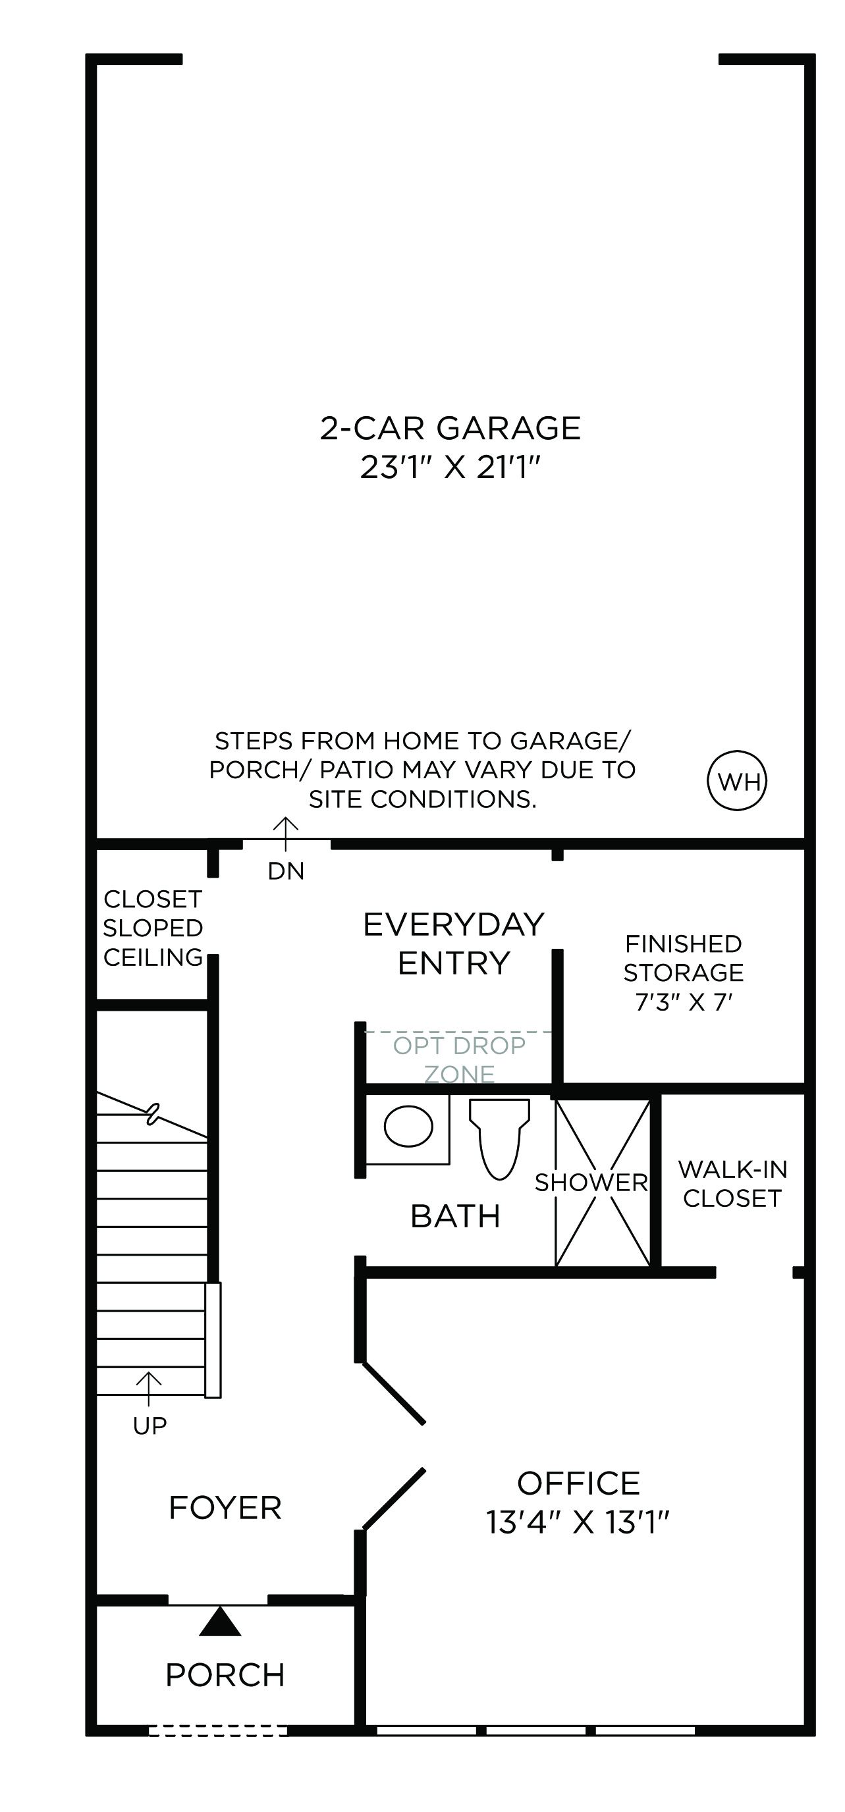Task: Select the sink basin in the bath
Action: (408, 1125)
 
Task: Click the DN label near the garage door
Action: (286, 872)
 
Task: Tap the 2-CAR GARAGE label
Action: (450, 428)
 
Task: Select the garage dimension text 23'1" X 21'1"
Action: (450, 467)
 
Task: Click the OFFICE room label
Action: (578, 1483)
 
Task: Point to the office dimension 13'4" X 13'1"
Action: (578, 1522)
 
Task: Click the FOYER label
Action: (225, 1508)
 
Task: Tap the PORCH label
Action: (225, 1676)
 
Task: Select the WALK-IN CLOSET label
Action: (732, 1184)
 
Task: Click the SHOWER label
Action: (591, 1183)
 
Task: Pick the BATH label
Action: (455, 1216)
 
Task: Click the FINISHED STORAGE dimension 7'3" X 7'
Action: (684, 1001)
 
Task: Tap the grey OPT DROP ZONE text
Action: (460, 1060)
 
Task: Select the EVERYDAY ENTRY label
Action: (454, 944)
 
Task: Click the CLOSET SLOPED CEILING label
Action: (153, 928)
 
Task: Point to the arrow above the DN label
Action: (286, 834)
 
